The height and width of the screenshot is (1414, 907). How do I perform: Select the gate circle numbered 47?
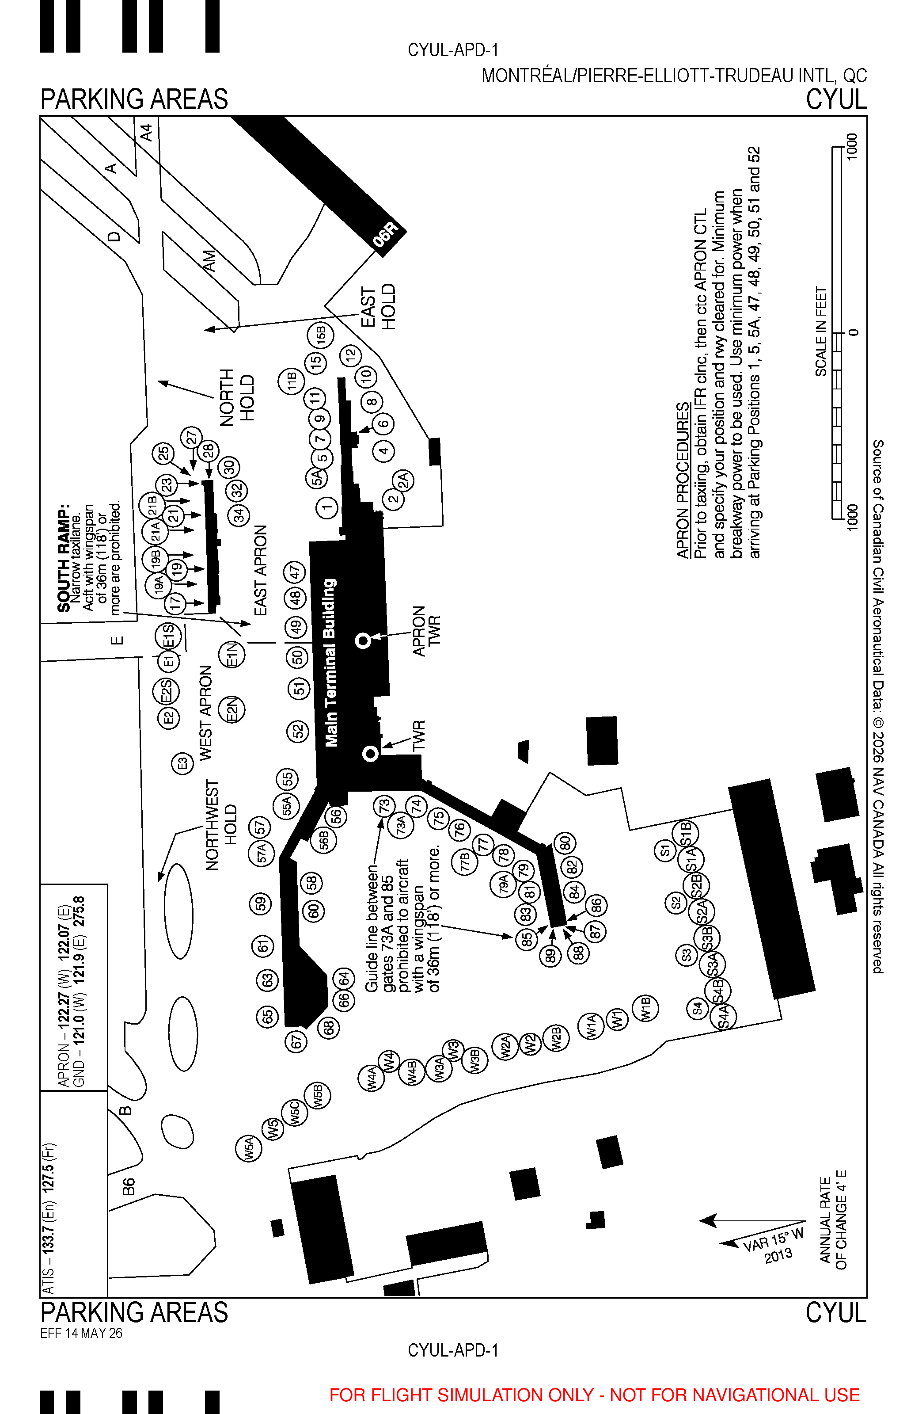tap(295, 572)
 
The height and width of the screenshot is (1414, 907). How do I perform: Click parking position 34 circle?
tap(238, 515)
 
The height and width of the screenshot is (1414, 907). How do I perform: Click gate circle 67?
tap(296, 1042)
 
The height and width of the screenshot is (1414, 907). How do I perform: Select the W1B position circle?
tap(645, 1009)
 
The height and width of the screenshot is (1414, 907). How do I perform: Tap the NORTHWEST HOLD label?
tap(221, 825)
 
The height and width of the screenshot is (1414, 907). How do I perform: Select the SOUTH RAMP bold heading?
tap(64, 557)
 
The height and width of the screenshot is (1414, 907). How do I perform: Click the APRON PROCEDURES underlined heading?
tap(682, 480)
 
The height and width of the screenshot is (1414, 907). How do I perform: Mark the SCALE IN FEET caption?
tap(820, 331)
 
